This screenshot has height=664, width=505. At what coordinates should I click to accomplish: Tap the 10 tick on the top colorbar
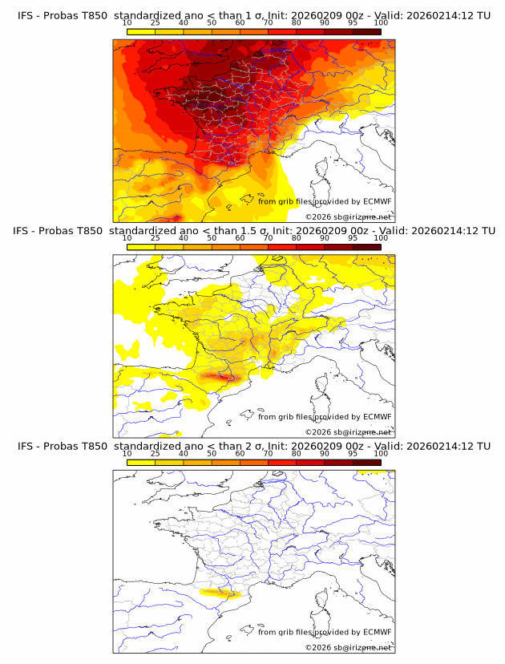click(127, 23)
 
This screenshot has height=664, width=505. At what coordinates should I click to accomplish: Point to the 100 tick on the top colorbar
click(381, 23)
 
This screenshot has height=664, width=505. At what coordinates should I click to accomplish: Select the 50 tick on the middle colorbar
click(212, 238)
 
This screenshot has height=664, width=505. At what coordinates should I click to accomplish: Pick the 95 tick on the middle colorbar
click(353, 238)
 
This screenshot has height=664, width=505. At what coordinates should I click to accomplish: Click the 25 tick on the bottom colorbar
click(156, 453)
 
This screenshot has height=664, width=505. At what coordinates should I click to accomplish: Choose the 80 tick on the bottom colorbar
click(297, 453)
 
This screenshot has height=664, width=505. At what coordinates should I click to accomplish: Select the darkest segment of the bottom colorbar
click(367, 462)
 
